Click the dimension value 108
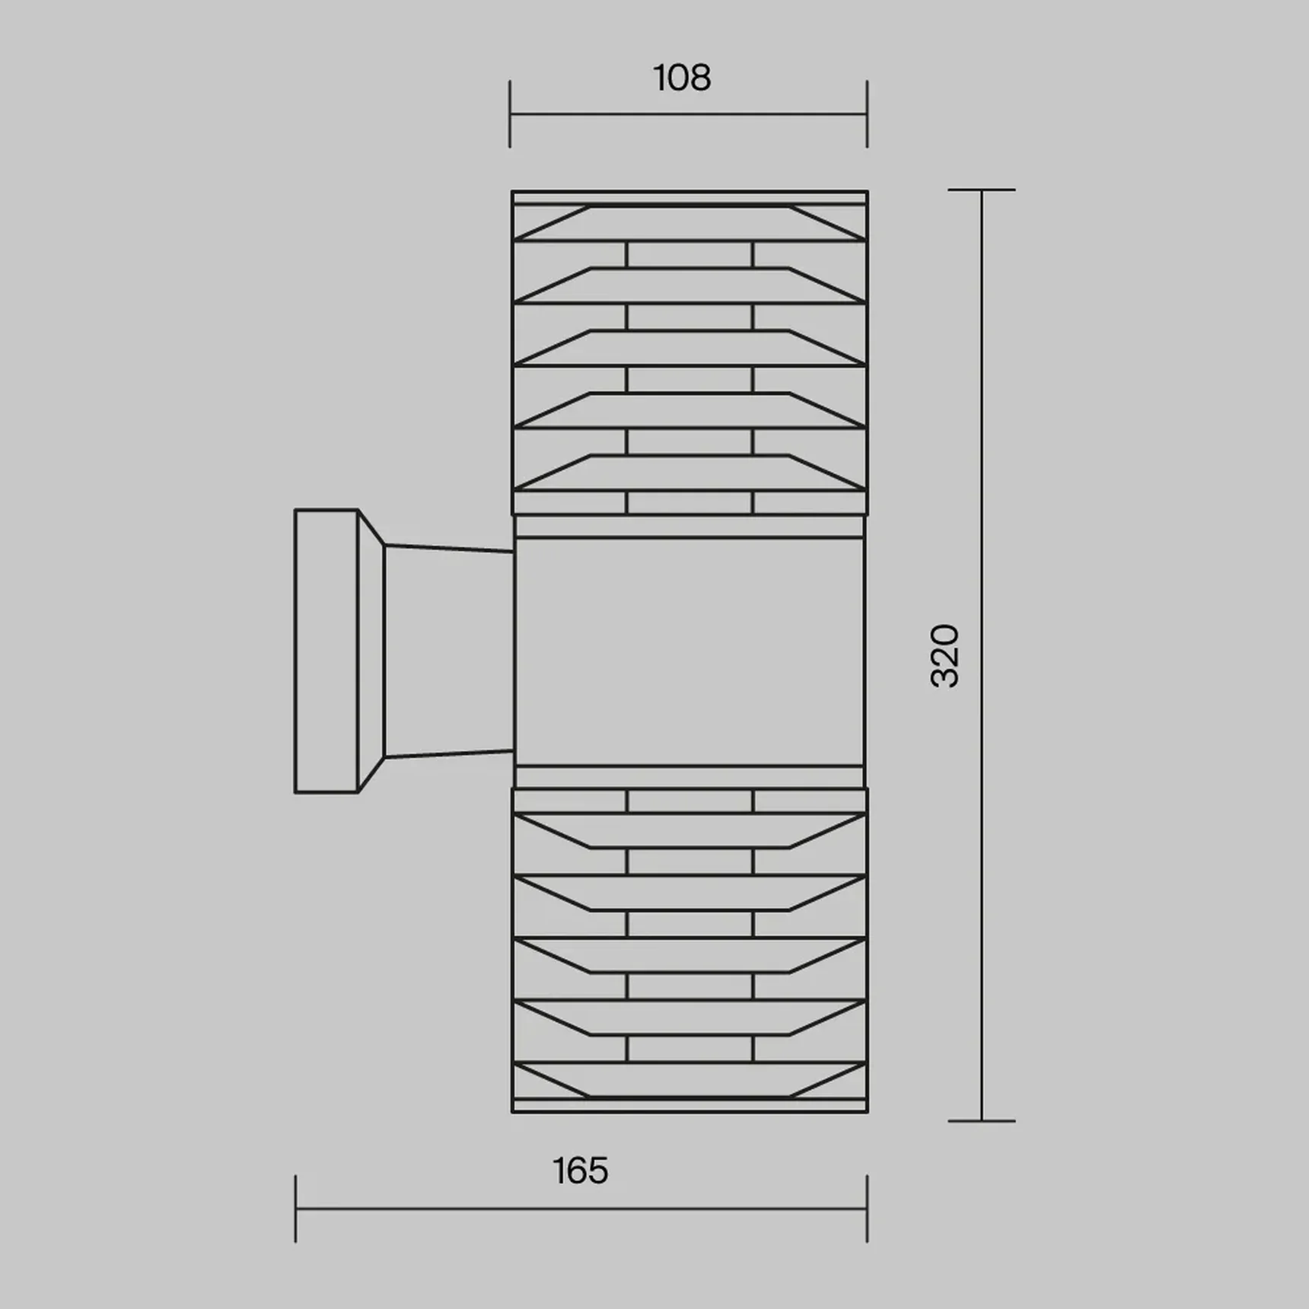pos(682,78)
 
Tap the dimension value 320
pos(945,656)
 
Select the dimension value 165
pos(580,1171)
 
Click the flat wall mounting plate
pos(326,651)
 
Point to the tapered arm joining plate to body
pos(449,651)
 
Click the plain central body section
pos(690,651)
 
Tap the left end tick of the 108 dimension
pos(510,114)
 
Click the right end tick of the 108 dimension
pos(867,114)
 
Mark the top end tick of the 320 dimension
pos(982,190)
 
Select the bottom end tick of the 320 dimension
pos(982,1121)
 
